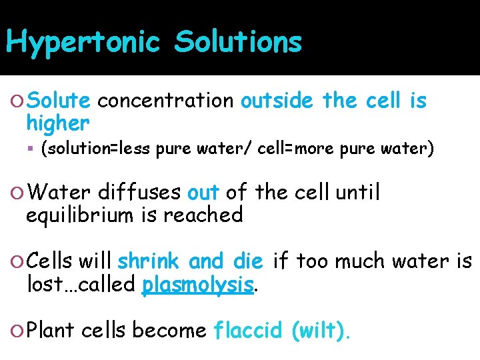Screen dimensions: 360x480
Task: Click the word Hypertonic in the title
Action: pos(83,43)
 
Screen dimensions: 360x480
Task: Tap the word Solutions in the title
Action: pos(238,43)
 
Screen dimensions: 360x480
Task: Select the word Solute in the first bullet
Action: pos(60,101)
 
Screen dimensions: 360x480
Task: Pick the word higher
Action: pos(57,123)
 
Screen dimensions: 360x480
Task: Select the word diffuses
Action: pos(139,193)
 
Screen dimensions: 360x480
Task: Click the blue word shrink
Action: pos(150,261)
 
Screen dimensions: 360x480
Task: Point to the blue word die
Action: pos(249,261)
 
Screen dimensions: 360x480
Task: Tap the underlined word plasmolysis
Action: pos(199,285)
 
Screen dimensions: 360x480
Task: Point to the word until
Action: pos(358,193)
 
